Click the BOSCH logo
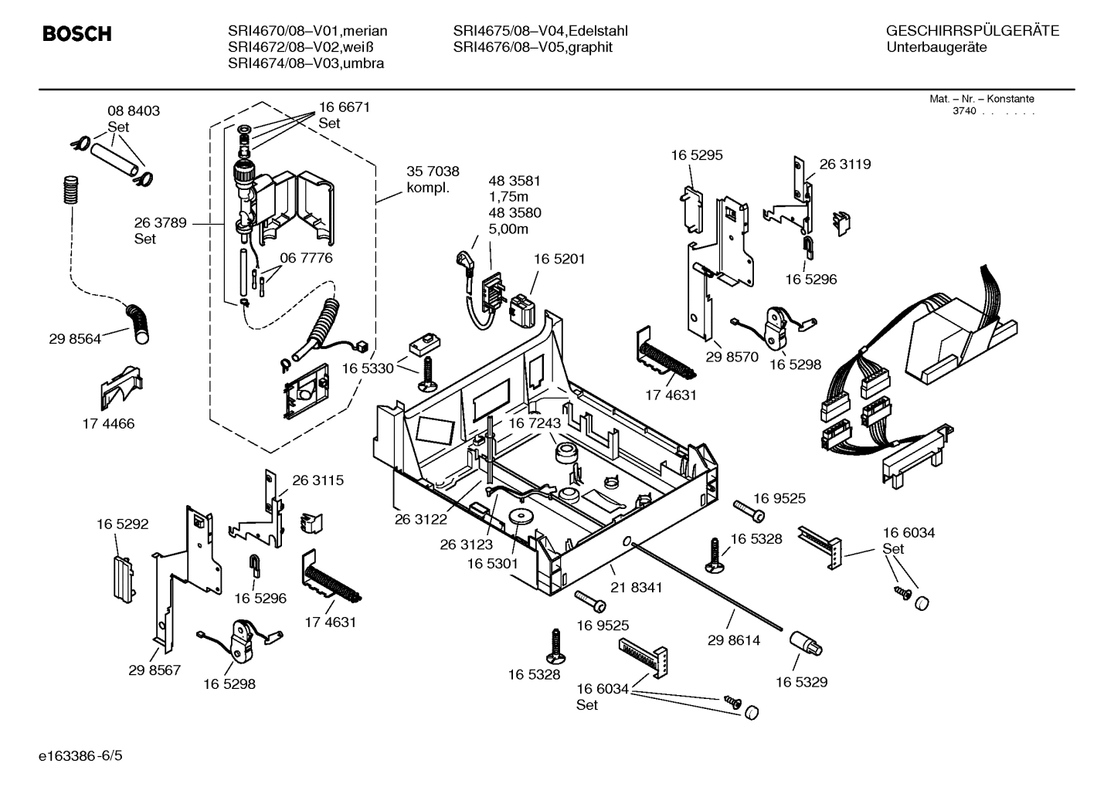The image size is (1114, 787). coord(76,34)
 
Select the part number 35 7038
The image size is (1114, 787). coord(433,171)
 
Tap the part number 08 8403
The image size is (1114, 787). coord(134,111)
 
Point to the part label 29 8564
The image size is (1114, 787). coord(75,338)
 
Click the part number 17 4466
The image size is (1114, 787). coord(108,423)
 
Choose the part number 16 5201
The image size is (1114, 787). coord(559,260)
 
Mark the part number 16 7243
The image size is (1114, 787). coord(534,423)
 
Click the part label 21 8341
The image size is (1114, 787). coord(636,588)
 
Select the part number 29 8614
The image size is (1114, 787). coord(734,640)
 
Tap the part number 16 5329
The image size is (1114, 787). coord(801,682)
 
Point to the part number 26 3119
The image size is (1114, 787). coord(844,164)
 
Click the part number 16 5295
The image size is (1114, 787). coord(696,155)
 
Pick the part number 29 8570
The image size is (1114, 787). coord(732,358)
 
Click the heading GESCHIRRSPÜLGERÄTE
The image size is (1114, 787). coord(972,32)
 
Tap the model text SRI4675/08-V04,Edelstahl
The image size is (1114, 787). coord(540,32)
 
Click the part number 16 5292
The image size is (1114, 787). coord(122,524)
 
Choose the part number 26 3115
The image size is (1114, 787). coord(318,480)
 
